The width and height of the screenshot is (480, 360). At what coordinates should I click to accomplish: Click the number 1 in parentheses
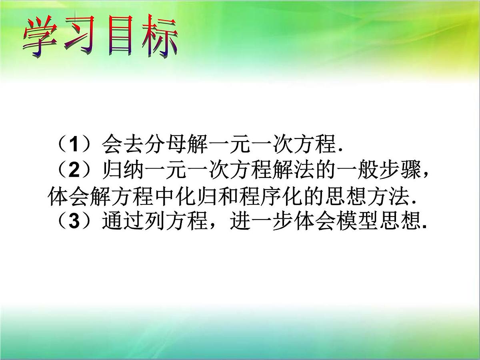[74, 145]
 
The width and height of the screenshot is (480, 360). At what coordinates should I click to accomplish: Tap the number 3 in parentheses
[74, 222]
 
